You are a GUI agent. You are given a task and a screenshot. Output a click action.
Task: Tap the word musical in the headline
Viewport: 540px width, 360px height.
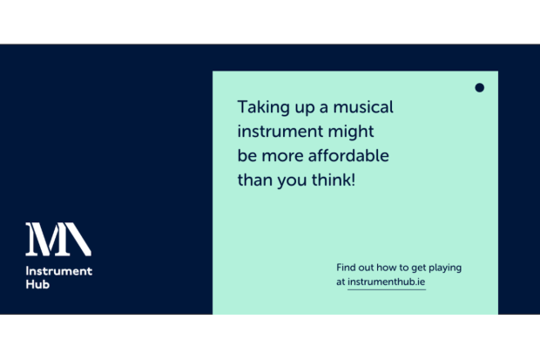(x=363, y=107)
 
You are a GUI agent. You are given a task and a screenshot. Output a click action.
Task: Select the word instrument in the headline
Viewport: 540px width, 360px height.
(x=280, y=132)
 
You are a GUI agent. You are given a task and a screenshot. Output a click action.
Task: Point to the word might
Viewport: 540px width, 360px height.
(x=351, y=132)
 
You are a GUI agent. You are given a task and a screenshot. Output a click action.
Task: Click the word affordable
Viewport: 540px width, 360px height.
(x=348, y=155)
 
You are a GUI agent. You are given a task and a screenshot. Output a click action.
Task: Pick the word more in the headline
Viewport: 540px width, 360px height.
(x=282, y=157)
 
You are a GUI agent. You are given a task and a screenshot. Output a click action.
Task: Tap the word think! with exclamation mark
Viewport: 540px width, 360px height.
(x=334, y=180)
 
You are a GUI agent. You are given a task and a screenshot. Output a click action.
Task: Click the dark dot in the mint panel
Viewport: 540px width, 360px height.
(x=479, y=87)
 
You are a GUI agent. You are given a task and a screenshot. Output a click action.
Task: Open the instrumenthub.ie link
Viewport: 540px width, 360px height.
(x=387, y=282)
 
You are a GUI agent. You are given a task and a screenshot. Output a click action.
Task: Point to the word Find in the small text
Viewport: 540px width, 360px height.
(x=346, y=268)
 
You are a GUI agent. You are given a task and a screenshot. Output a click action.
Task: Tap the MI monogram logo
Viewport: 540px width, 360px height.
(x=58, y=239)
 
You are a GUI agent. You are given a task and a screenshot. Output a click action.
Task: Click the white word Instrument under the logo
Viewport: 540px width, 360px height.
(x=59, y=271)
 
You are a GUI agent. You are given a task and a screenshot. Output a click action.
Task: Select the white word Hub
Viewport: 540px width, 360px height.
(x=37, y=284)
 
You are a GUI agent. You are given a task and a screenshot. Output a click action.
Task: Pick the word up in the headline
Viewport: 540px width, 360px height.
(x=305, y=108)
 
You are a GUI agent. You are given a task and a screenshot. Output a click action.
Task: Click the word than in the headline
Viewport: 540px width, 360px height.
(x=255, y=180)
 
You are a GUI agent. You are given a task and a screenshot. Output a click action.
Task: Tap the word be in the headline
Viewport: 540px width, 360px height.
(x=247, y=155)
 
